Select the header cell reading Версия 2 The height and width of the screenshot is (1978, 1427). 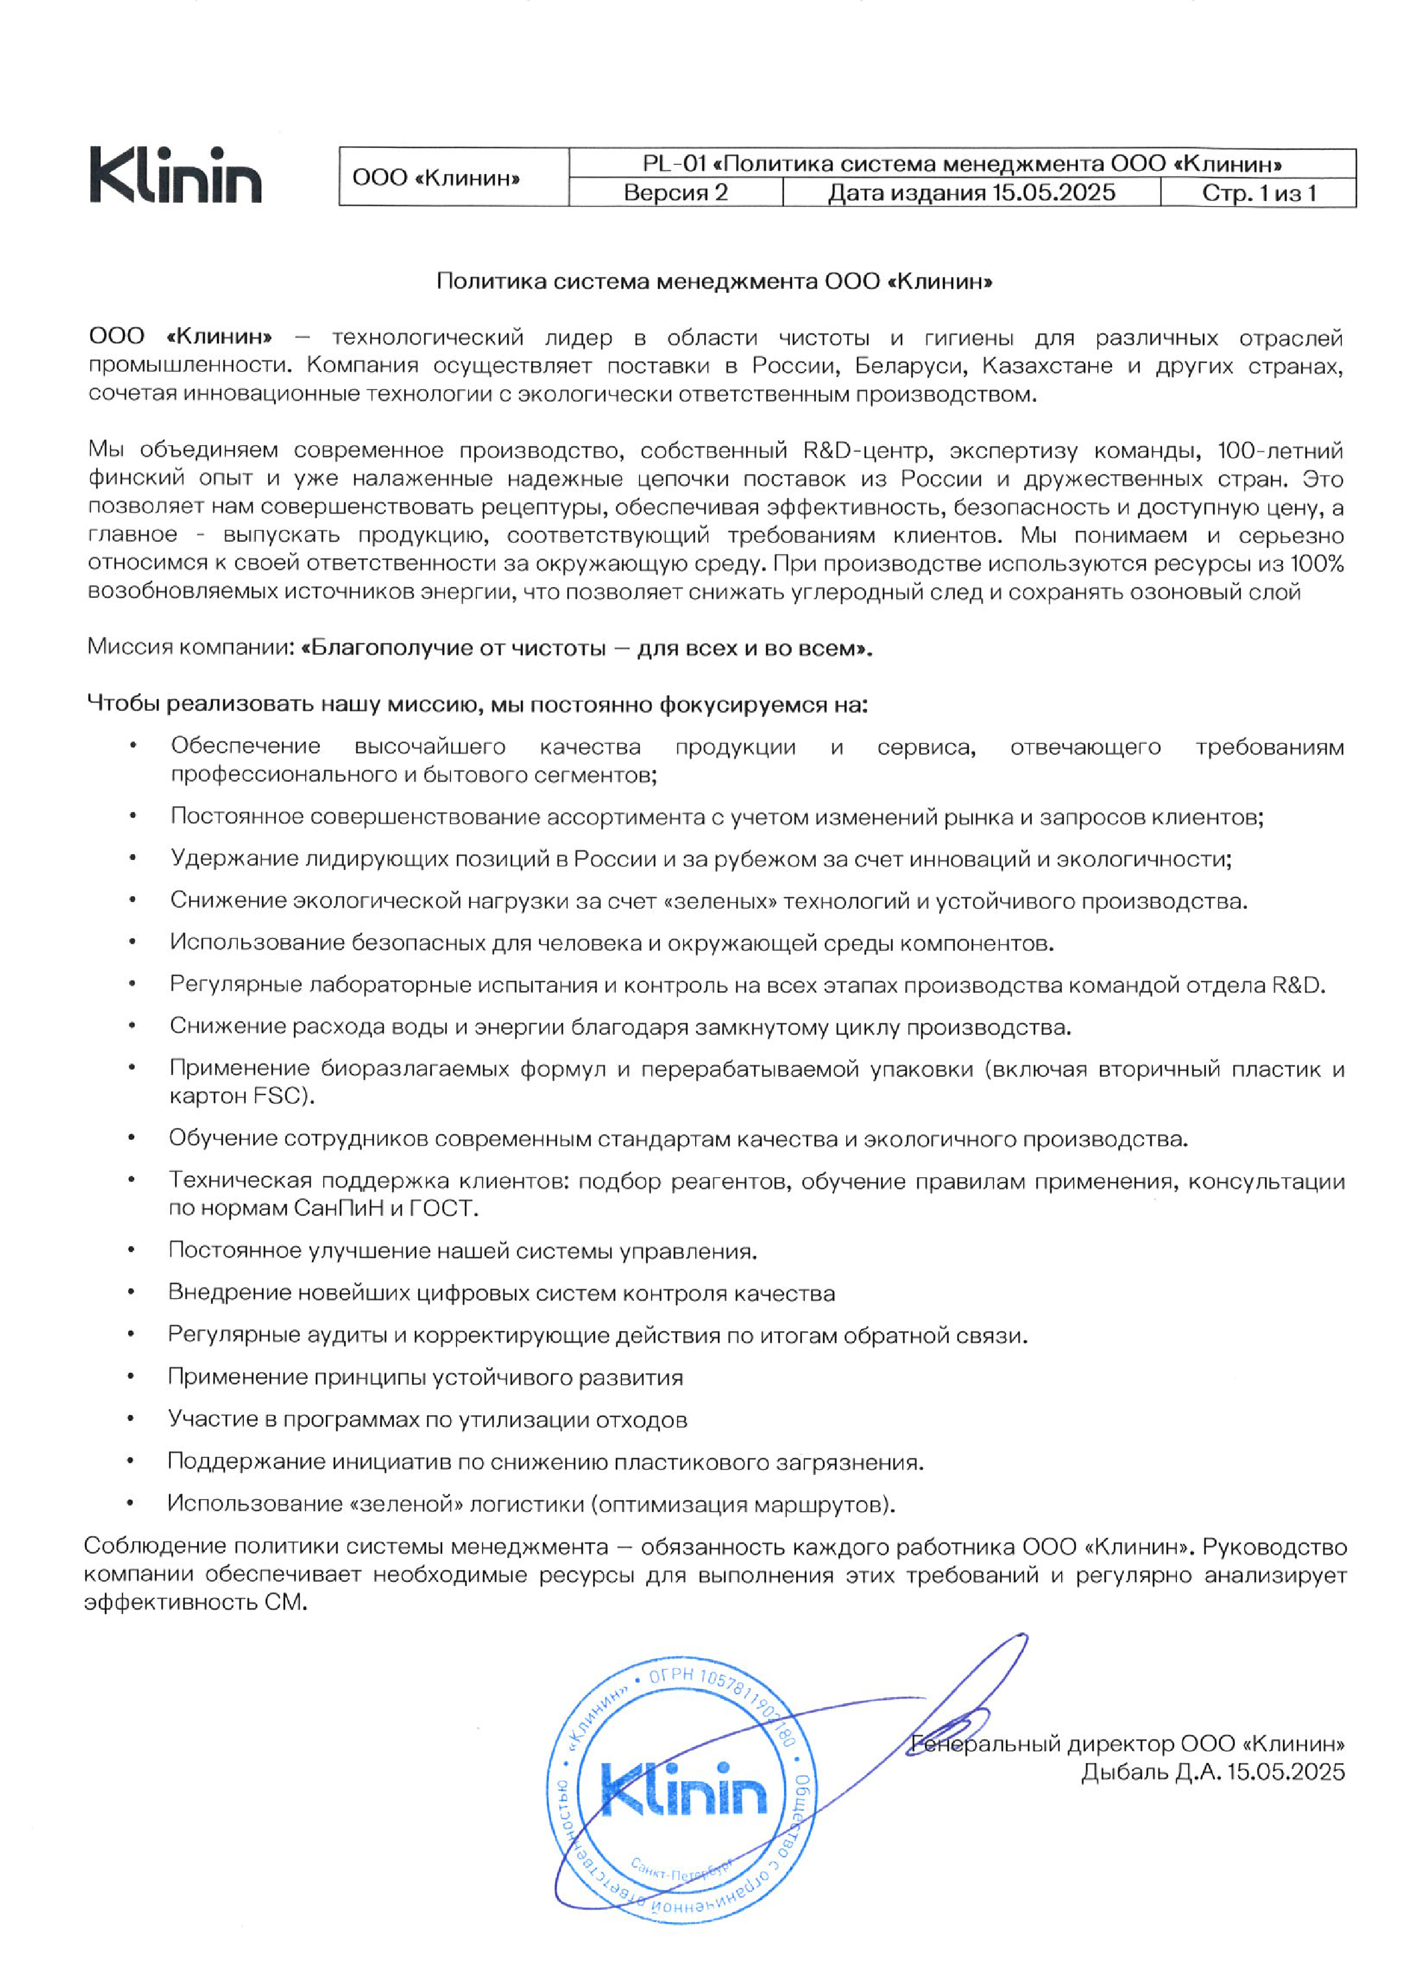[x=675, y=193]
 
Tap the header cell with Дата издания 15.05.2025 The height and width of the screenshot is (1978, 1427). [x=971, y=193]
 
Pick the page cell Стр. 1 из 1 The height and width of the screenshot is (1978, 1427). [x=1258, y=193]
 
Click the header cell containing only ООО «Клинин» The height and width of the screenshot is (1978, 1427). [x=435, y=178]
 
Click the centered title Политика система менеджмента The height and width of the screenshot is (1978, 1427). [x=714, y=281]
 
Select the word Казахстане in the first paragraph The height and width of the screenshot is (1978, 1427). [x=1047, y=365]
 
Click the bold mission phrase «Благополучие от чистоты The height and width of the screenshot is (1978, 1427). [x=454, y=648]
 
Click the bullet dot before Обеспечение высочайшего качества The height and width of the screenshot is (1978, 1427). [x=133, y=746]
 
